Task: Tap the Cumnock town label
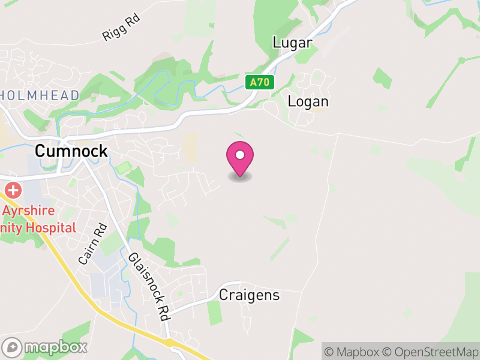point(71,151)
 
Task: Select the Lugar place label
point(292,43)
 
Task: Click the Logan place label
point(308,101)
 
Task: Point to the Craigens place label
point(249,295)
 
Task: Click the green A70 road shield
point(259,82)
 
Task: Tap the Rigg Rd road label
point(121,28)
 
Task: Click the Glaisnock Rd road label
point(148,285)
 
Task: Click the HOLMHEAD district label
point(40,95)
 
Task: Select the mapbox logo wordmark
point(56,347)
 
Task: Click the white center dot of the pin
point(240,155)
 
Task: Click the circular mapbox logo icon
point(13,347)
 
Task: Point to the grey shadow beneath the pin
point(240,176)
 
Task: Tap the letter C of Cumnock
point(40,151)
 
